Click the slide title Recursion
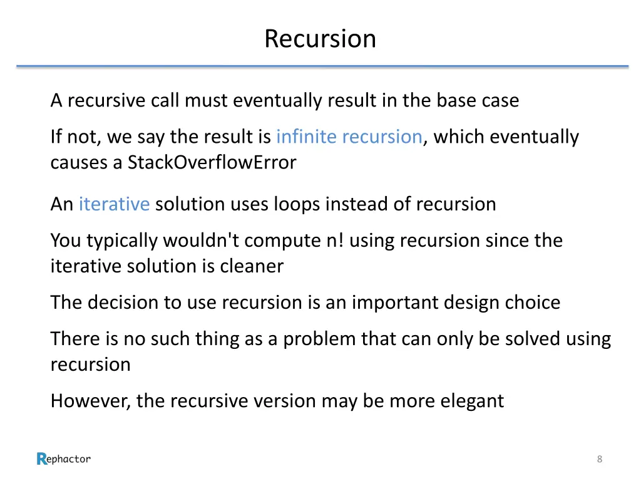pos(320,38)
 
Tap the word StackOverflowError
pos(212,163)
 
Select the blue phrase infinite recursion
pos(349,137)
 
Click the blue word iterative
pos(114,204)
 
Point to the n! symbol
pos(334,240)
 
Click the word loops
pos(298,204)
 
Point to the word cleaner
pos(251,267)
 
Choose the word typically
pos(123,241)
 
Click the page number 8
pos(600,460)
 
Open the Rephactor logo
pos(64,459)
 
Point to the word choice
pos(533,303)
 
